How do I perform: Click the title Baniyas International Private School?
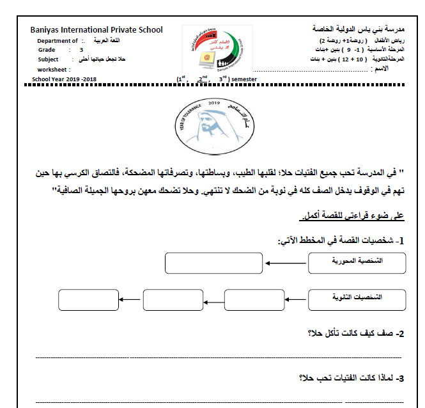pyautogui.click(x=97, y=29)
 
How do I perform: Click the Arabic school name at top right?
pyautogui.click(x=362, y=29)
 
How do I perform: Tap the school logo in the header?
pyautogui.click(x=212, y=51)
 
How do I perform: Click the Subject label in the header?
pyautogui.click(x=48, y=59)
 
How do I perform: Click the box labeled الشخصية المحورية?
pyautogui.click(x=357, y=262)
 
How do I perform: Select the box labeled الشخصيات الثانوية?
pyautogui.click(x=357, y=299)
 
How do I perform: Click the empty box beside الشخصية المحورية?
pyautogui.click(x=213, y=263)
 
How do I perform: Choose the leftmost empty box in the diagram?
pyautogui.click(x=88, y=299)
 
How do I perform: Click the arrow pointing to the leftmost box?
pyautogui.click(x=130, y=299)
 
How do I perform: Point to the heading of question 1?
pyautogui.click(x=341, y=241)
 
